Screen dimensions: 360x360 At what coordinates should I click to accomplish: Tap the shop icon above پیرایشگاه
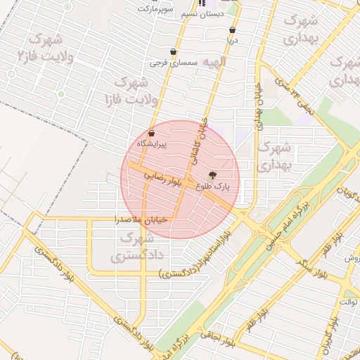coord(151,133)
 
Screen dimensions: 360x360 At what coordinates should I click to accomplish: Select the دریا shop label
coord(232,41)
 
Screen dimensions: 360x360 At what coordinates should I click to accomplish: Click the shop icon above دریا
coord(232,30)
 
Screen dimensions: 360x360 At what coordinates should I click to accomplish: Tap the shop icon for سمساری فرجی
coord(173,52)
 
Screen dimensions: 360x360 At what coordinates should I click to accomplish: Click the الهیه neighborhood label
coord(216,63)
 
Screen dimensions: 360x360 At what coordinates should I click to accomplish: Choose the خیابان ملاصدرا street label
coord(143,220)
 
